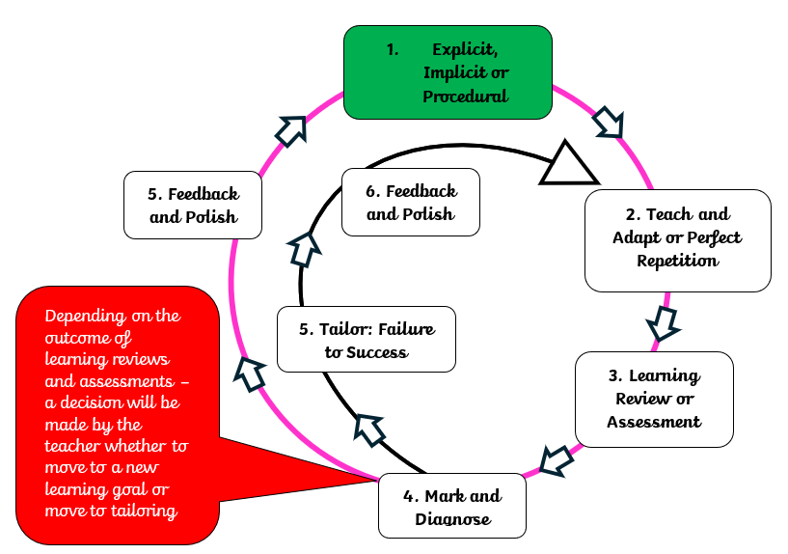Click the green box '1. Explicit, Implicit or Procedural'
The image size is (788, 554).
(x=448, y=72)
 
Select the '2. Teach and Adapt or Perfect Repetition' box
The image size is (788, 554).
(x=677, y=239)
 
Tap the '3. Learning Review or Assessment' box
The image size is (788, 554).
(x=654, y=398)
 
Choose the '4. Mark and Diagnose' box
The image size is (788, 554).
(x=452, y=507)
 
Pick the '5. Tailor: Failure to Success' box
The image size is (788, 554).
(x=366, y=340)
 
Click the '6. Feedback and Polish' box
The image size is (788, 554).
(x=412, y=202)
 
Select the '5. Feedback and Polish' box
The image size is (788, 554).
(x=193, y=205)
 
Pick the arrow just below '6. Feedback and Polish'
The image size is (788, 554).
(x=305, y=249)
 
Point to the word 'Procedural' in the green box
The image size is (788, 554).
(x=466, y=97)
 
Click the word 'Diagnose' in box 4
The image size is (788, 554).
(x=452, y=519)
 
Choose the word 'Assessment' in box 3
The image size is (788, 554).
(x=654, y=422)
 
